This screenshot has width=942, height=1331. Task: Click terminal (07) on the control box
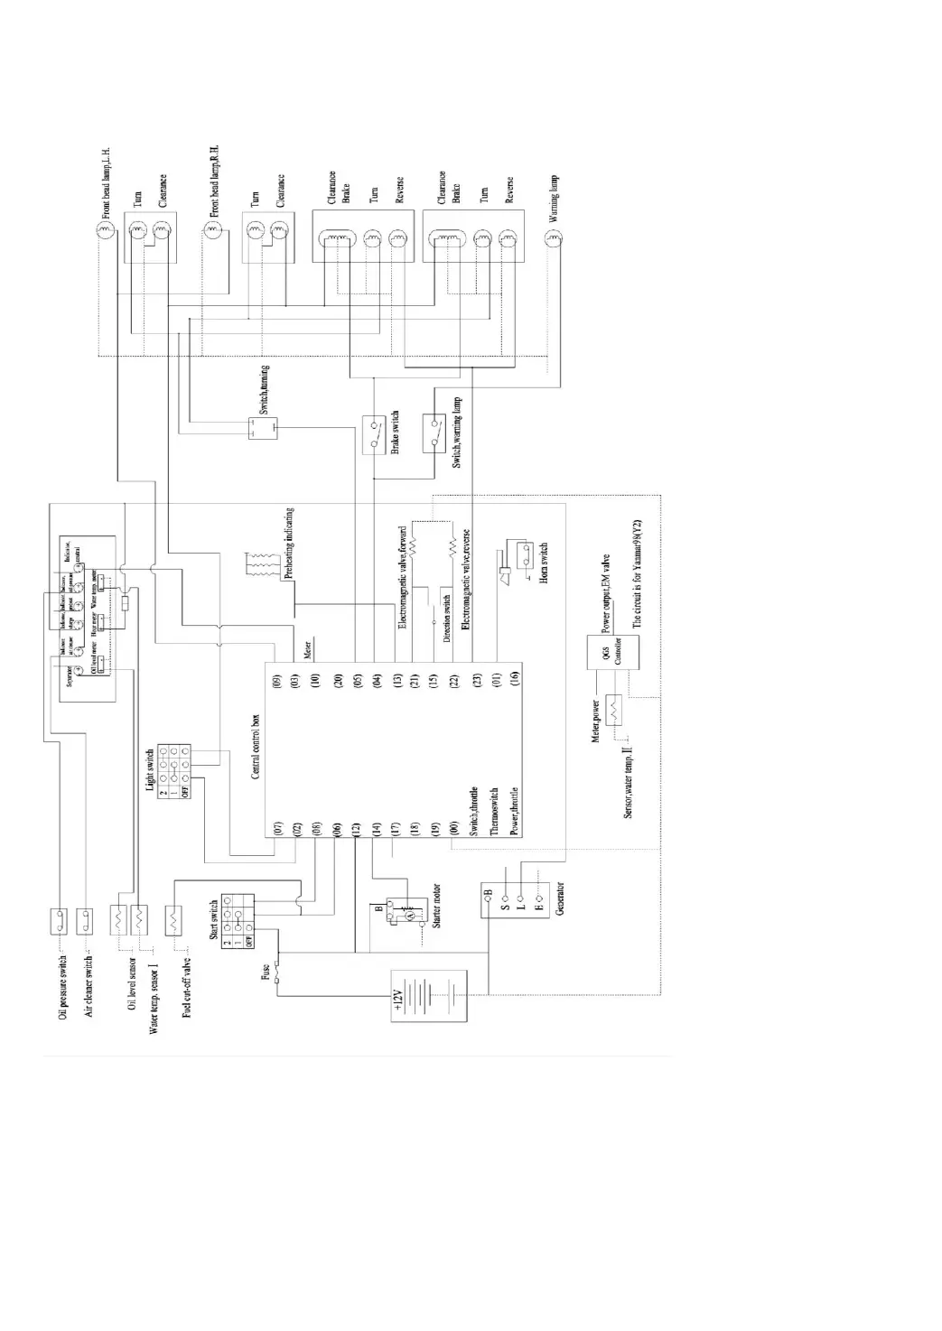coord(278,827)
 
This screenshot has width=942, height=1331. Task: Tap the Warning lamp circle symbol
coord(554,238)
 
